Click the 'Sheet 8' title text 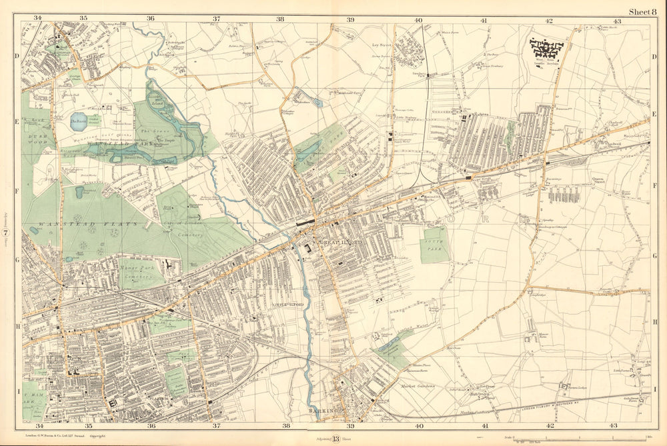[x=643, y=9]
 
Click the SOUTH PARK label [x=434, y=244]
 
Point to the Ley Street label [x=380, y=47]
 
